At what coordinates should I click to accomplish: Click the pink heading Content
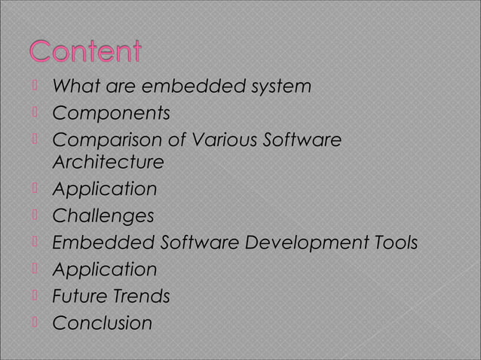pos(86,54)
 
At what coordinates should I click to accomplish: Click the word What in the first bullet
pos(72,87)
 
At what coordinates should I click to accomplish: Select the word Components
pos(111,114)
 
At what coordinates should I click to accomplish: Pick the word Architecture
pos(108,163)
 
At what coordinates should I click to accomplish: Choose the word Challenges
pos(103,216)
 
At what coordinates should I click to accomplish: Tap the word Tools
pos(394,243)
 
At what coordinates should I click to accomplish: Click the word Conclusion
pos(102,324)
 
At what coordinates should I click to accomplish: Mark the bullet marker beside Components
pos(35,114)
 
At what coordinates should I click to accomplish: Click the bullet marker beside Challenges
pos(35,215)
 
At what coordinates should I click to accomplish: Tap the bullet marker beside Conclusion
pos(35,323)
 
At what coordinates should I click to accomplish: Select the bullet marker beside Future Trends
pos(35,296)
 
